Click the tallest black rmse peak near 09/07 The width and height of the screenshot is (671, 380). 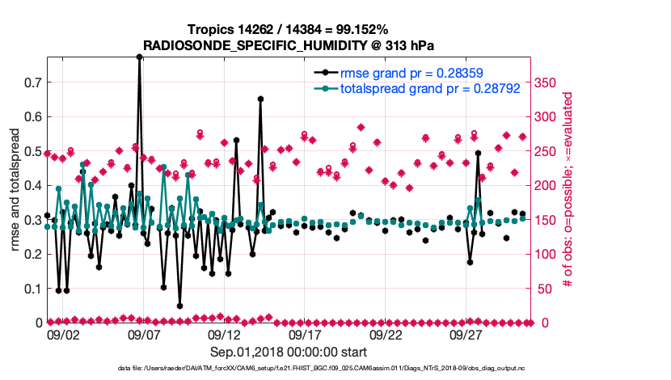pos(140,57)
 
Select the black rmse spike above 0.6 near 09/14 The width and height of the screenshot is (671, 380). pos(260,99)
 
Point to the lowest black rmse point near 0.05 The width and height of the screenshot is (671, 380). pos(179,306)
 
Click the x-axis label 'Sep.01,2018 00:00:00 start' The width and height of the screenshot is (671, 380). pos(289,352)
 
